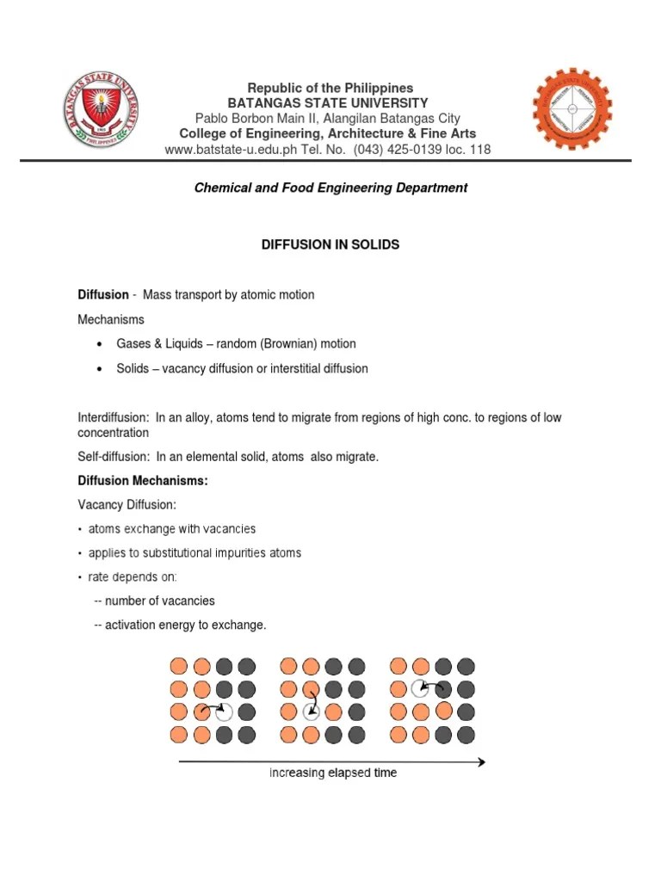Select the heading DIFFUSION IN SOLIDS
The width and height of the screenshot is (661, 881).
point(330,245)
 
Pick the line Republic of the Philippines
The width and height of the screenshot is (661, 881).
point(330,88)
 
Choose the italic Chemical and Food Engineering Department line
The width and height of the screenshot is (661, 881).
point(330,188)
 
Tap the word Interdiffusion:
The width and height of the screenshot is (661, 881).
point(113,417)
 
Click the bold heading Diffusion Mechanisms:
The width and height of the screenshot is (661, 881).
point(143,480)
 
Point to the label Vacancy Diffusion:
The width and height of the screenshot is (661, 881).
point(127,504)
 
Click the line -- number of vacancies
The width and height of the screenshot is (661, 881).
point(154,601)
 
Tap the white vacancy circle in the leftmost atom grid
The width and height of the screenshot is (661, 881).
point(224,712)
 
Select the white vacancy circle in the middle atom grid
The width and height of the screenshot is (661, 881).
point(311,712)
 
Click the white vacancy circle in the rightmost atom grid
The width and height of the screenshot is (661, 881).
point(420,688)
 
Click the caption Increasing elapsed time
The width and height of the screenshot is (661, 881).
point(333,773)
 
